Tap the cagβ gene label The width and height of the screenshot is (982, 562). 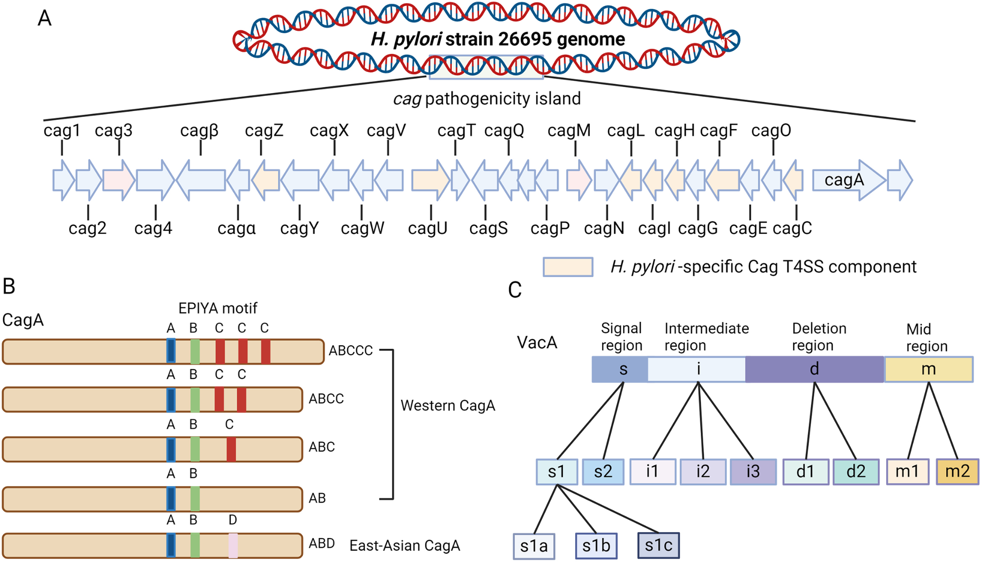199,131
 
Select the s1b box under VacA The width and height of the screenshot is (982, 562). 596,545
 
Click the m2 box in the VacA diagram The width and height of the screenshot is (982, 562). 957,472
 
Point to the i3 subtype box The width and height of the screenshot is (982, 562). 753,472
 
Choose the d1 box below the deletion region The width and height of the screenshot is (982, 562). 805,472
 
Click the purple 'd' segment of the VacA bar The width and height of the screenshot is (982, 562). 814,369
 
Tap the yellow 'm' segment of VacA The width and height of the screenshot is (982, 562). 928,369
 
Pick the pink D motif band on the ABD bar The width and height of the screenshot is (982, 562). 233,545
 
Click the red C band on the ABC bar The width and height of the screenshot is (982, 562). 231,449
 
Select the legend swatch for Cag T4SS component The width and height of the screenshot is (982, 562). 568,267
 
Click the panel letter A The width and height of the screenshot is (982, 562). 45,19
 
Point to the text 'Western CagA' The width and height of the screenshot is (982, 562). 447,405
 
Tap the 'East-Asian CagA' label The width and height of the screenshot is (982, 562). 404,545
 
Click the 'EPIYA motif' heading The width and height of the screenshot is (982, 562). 218,308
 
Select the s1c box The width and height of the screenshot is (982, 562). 658,545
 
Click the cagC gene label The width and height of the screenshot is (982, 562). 792,228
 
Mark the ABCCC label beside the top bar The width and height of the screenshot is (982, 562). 351,350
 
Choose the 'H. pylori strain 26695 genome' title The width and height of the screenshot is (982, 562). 498,39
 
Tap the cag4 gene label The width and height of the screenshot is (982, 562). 153,228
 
